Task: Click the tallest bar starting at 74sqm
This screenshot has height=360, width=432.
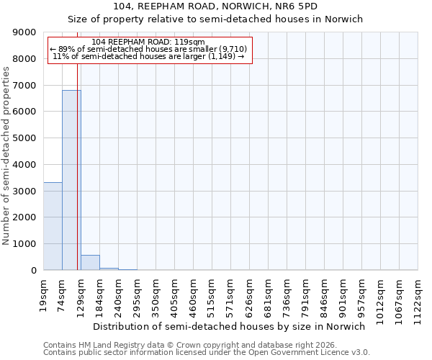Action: (71, 180)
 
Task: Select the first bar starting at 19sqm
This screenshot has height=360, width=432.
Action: (53, 226)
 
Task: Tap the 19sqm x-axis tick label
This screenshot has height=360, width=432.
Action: (43, 294)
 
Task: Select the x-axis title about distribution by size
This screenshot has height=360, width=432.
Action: (230, 326)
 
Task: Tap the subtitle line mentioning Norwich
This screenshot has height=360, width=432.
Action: (215, 19)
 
